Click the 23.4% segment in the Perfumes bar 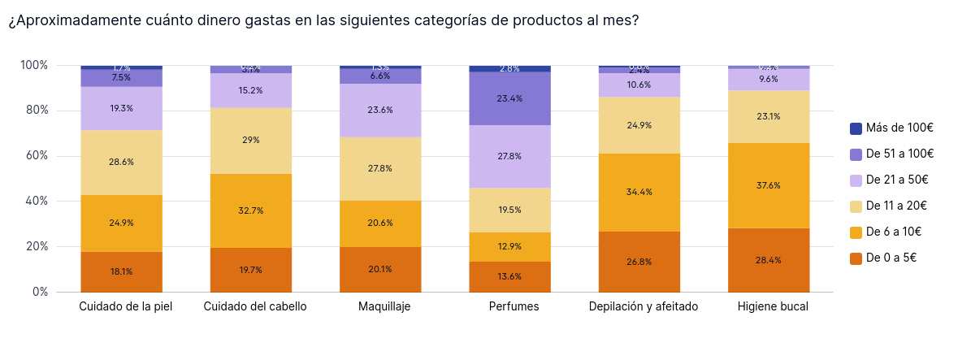pyautogui.click(x=509, y=98)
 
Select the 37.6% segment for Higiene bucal pyautogui.click(x=769, y=185)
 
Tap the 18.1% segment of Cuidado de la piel pyautogui.click(x=121, y=271)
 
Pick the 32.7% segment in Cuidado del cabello pyautogui.click(x=251, y=210)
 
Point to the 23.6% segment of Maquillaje pyautogui.click(x=380, y=110)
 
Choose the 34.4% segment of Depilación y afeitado pyautogui.click(x=639, y=192)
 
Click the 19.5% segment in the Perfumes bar pyautogui.click(x=509, y=210)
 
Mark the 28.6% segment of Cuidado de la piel pyautogui.click(x=121, y=162)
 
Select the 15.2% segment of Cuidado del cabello pyautogui.click(x=251, y=90)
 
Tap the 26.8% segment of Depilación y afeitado pyautogui.click(x=639, y=262)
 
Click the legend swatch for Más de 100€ pyautogui.click(x=856, y=128)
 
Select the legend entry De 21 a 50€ pyautogui.click(x=897, y=180)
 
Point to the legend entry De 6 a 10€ pyautogui.click(x=894, y=232)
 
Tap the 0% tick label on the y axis pyautogui.click(x=40, y=292)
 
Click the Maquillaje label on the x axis pyautogui.click(x=384, y=306)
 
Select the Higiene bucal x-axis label pyautogui.click(x=773, y=306)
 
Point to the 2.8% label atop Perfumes pyautogui.click(x=509, y=69)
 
